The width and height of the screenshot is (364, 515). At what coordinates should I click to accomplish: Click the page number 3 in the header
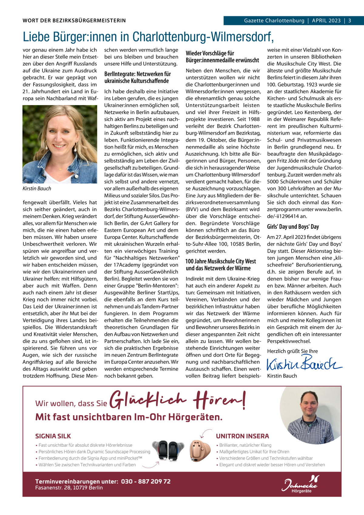tap(349, 21)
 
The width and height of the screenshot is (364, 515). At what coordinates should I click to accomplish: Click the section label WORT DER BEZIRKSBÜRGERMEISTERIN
tap(74, 21)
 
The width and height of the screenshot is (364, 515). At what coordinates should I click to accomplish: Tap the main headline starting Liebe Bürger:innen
tap(148, 37)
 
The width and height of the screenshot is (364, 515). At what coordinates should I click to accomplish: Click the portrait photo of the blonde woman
tap(60, 144)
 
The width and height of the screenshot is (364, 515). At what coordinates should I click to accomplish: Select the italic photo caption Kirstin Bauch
tap(37, 188)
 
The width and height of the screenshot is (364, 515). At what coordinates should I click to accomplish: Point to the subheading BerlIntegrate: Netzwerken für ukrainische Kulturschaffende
tap(137, 77)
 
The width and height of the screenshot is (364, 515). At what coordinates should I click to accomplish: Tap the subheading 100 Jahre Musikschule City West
tap(221, 265)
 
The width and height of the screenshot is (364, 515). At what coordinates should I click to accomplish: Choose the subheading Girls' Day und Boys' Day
tap(293, 226)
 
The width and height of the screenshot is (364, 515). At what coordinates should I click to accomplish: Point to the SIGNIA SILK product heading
tap(53, 436)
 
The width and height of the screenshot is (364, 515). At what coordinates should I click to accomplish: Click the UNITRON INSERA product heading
tap(242, 436)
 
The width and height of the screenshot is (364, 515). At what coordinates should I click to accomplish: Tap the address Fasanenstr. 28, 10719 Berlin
tap(69, 488)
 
